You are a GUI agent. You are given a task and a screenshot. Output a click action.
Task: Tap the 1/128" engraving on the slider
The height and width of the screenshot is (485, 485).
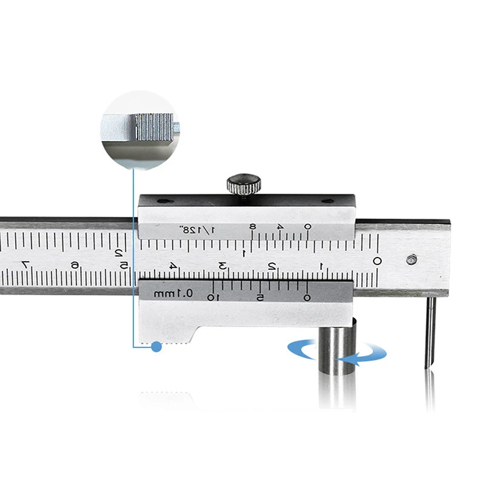[192, 230]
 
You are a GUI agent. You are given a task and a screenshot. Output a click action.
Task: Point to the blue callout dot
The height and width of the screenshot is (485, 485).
[156, 347]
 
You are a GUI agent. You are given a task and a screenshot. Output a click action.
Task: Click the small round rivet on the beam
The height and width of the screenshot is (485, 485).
[412, 259]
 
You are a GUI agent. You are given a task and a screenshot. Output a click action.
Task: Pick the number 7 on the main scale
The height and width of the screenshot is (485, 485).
[24, 264]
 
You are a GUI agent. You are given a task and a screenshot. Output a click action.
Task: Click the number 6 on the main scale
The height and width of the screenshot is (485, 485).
[74, 264]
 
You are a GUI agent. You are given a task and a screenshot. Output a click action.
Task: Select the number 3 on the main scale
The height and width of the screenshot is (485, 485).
[222, 265]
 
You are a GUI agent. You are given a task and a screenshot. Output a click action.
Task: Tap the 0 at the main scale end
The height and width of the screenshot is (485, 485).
[376, 261]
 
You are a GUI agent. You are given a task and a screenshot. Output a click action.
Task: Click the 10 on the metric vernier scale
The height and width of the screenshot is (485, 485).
[212, 297]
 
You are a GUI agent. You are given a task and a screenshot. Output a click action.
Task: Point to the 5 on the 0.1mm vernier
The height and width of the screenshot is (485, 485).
[259, 297]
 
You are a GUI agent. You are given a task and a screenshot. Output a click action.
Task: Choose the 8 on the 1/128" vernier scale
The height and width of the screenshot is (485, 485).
[253, 227]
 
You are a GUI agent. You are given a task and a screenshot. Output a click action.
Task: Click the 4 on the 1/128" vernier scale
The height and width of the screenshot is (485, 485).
[280, 227]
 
